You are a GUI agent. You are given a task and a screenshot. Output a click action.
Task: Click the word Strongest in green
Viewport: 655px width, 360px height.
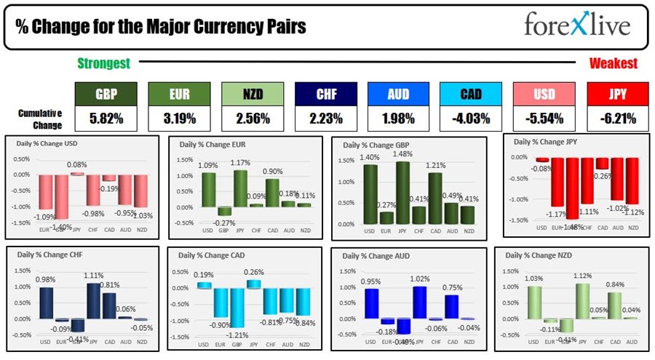point(103,63)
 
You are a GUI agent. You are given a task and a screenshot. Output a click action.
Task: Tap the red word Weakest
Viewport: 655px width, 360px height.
point(613,63)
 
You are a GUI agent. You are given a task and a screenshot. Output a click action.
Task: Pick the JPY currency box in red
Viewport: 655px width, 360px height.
point(617,94)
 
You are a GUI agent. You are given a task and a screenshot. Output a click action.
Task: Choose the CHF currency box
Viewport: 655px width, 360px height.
point(325,94)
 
